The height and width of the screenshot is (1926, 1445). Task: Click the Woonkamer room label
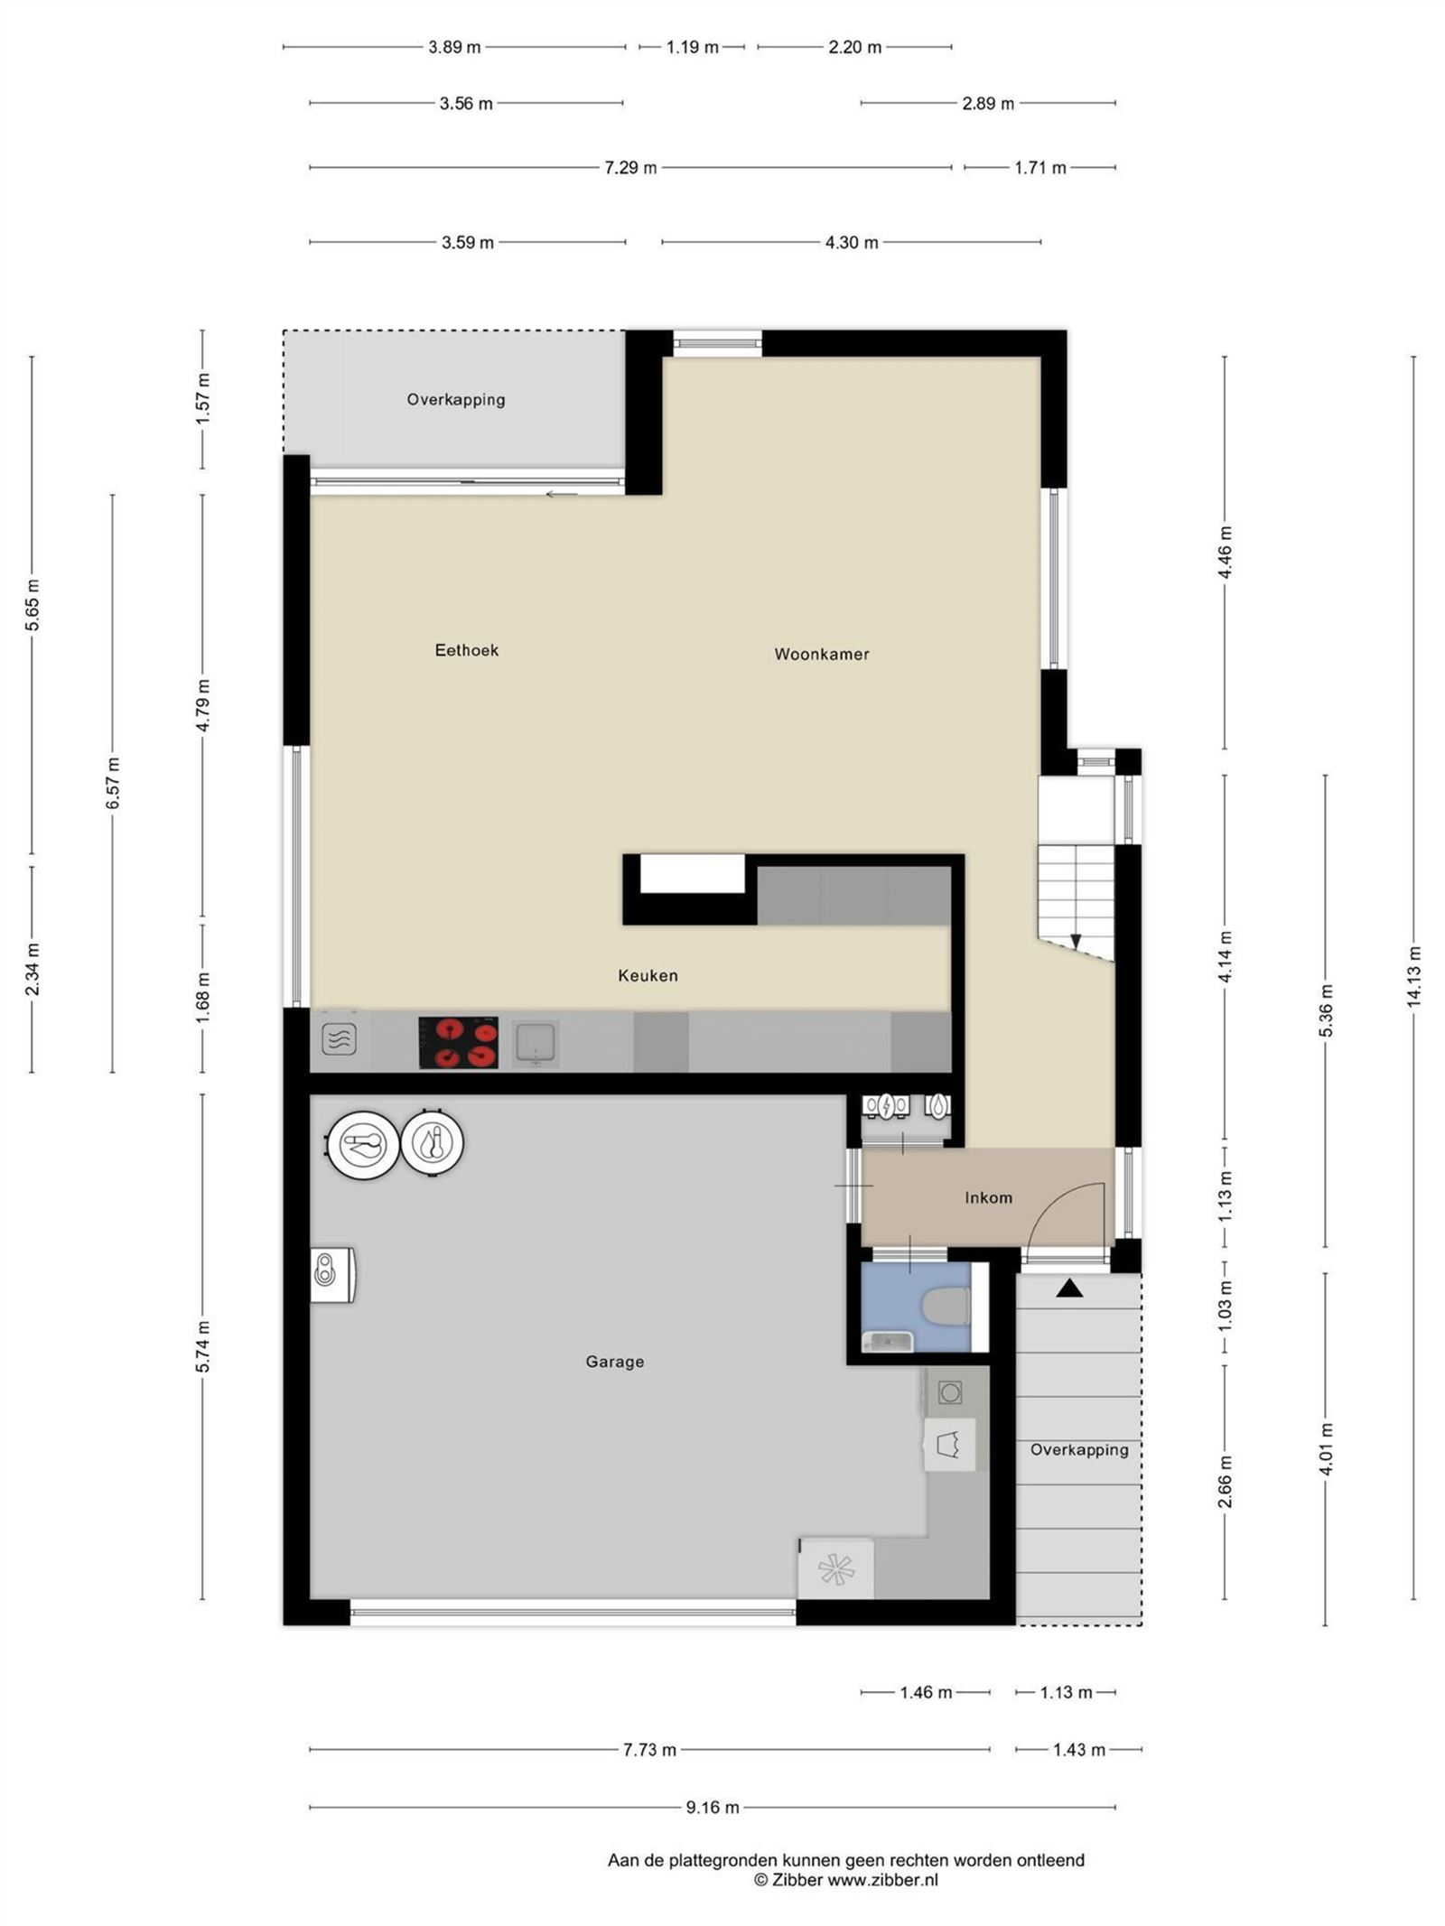pos(821,654)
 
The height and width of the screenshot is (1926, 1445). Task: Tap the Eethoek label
pos(466,650)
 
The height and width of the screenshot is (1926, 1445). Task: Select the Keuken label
pos(648,975)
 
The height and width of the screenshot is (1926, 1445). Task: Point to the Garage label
pos(614,1362)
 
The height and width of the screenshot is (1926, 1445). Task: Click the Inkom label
pos(988,1198)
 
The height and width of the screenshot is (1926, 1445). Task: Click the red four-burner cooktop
pos(458,1043)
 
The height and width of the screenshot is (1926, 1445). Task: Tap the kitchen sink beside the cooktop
pos(535,1043)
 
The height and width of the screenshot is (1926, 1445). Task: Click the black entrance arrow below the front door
pos(1069,1289)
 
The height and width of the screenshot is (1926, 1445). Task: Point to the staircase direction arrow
pos(1076,941)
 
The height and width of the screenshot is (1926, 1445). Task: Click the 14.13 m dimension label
pos(1413,977)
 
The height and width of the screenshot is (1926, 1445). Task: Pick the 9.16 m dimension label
pos(713,1807)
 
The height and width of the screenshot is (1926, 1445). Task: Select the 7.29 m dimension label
pos(630,168)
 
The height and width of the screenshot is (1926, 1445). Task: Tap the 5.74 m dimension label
pos(203,1346)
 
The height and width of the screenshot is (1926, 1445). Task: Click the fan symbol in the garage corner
pos(835,1570)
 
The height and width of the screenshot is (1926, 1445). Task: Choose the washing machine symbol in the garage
pos(949,1393)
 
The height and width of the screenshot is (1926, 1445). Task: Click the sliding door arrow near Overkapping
pos(561,494)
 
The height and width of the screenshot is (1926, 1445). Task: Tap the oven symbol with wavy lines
pos(339,1039)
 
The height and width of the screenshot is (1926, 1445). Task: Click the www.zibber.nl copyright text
pos(846,1880)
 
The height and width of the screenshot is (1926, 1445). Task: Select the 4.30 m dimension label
pos(851,243)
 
